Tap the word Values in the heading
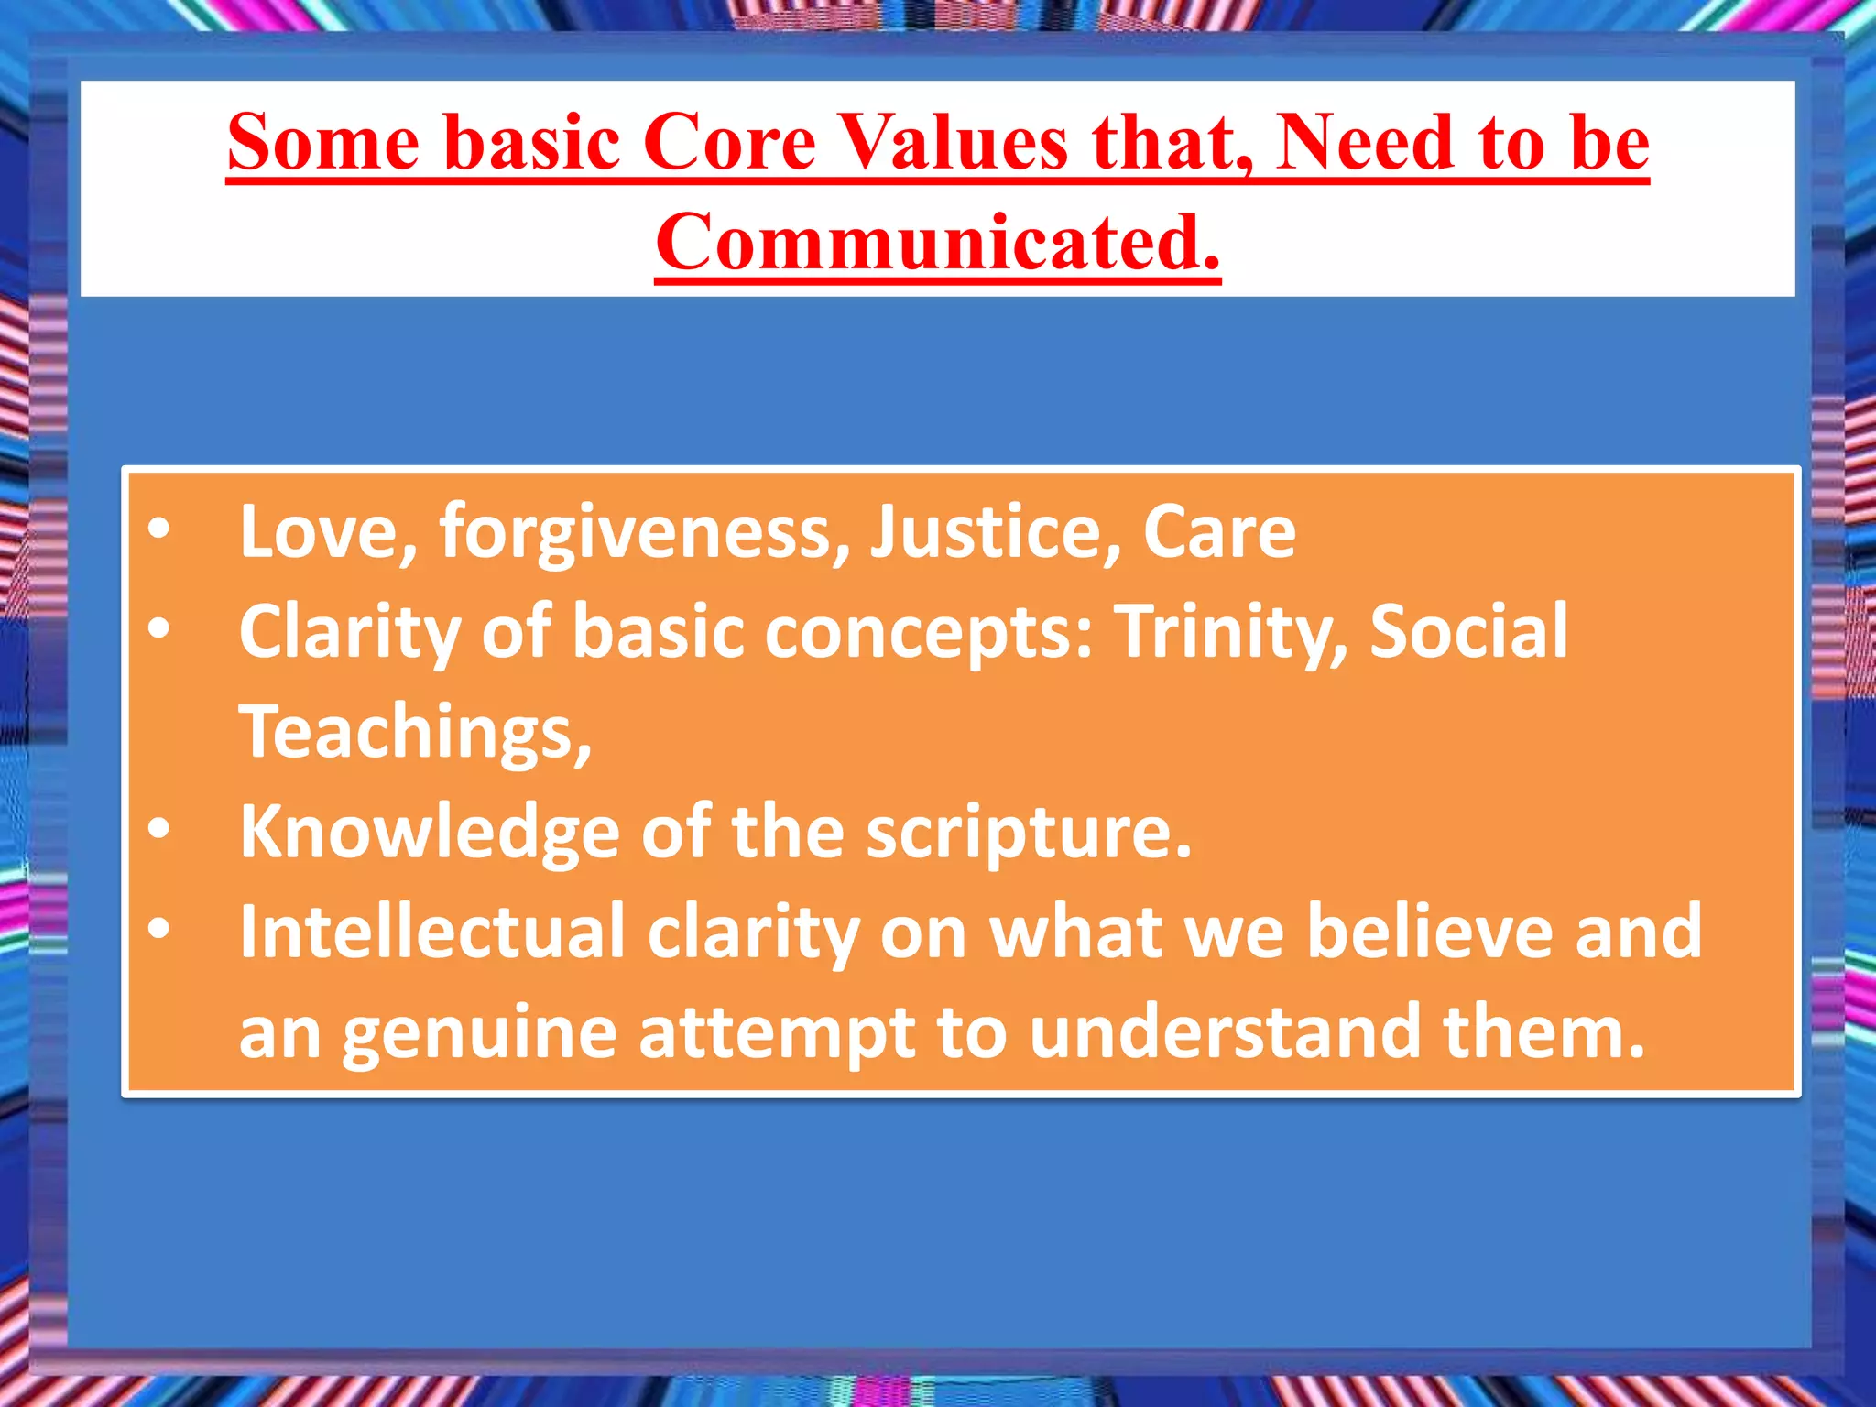pos(954,143)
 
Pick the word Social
pos(1468,632)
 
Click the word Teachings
pos(415,732)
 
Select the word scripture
pos(1029,832)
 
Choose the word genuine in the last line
pos(480,1033)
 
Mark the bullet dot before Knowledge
pos(159,829)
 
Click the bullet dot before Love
pos(159,529)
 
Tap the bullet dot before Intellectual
pos(159,929)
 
